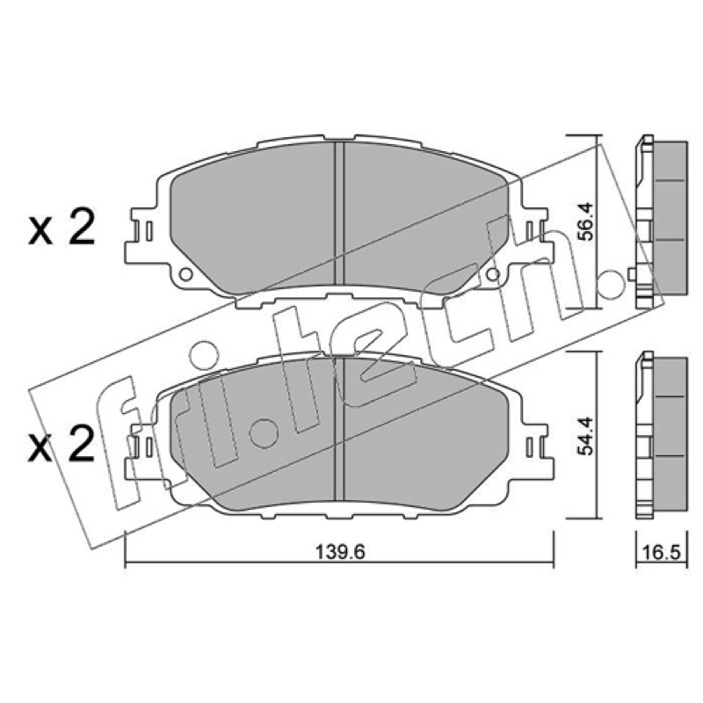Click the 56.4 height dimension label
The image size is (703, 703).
[x=586, y=222]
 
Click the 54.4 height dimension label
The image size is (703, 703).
[x=586, y=436]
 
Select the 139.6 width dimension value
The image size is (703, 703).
[x=341, y=552]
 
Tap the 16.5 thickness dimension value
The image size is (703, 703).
[x=663, y=553]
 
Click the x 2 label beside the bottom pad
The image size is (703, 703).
[x=62, y=443]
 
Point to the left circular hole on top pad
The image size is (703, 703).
[x=185, y=274]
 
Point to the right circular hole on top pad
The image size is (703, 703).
[x=493, y=274]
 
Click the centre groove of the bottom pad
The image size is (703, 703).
[x=339, y=429]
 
